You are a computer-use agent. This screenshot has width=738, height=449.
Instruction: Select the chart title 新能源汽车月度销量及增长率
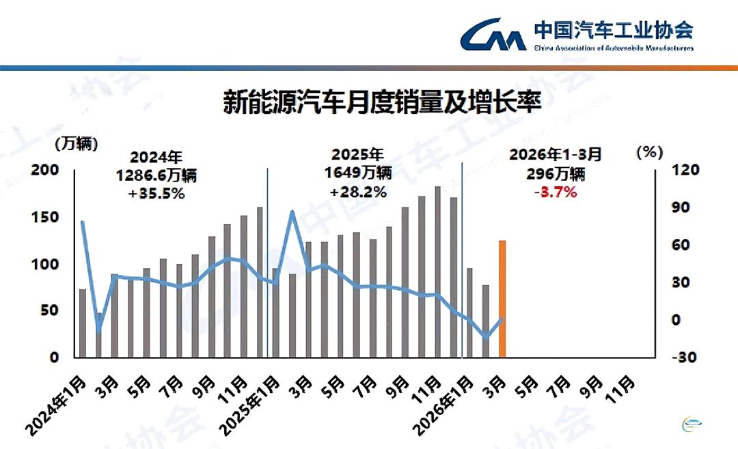tap(382, 104)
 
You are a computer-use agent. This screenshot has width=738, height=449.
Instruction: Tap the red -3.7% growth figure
tap(555, 192)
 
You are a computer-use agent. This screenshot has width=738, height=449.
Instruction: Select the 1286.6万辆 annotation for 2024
tap(156, 175)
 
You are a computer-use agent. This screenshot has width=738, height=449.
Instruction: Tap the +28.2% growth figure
tap(358, 192)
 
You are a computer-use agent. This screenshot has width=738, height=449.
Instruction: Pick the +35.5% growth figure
tap(156, 194)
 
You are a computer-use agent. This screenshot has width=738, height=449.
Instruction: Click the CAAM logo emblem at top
tap(492, 35)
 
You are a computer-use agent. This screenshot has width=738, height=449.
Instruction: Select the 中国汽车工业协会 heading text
tap(613, 30)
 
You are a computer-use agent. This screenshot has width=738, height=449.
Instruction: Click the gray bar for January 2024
tap(83, 323)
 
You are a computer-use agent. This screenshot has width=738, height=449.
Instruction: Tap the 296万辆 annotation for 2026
tap(555, 173)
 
